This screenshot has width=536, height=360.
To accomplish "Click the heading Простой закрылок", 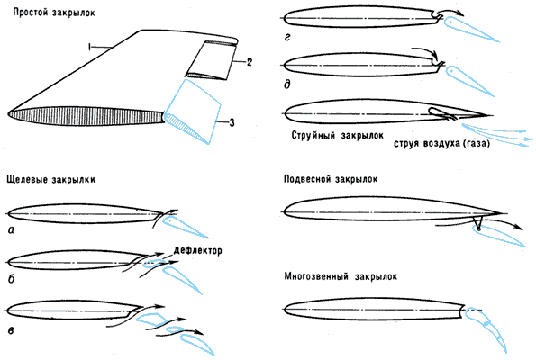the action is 54,13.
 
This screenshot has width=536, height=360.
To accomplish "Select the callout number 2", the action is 250,62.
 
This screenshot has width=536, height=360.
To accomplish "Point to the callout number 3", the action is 232,122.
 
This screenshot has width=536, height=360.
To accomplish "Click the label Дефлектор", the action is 198,250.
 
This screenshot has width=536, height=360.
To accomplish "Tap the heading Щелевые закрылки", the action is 51,180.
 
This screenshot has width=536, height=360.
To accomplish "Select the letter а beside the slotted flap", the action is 11,230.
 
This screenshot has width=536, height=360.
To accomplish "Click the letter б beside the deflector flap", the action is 12,279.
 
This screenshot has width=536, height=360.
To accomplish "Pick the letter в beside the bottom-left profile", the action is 11,330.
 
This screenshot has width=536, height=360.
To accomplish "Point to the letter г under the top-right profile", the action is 287,37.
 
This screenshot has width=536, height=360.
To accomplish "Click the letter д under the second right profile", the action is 287,84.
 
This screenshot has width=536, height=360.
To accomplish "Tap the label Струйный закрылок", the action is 338,136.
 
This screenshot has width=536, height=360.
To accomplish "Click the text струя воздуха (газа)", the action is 441,144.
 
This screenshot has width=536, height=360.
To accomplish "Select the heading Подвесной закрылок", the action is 331,179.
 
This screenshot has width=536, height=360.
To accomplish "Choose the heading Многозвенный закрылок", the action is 341,276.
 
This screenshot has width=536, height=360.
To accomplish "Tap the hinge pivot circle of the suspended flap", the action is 478,229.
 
